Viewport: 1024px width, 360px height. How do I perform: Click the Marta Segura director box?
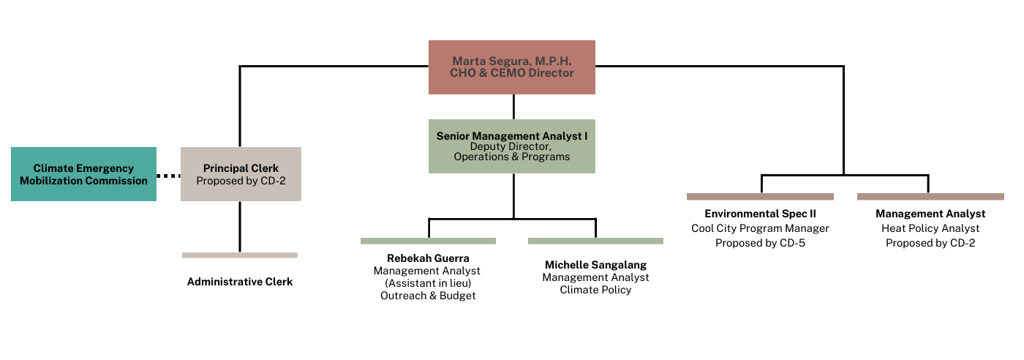click(x=511, y=67)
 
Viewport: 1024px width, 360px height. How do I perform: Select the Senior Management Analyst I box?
click(x=511, y=146)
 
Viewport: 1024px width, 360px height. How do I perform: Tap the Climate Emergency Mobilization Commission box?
click(x=83, y=174)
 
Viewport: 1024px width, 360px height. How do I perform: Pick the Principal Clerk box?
click(x=241, y=174)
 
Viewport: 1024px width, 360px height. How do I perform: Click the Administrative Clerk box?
click(x=240, y=282)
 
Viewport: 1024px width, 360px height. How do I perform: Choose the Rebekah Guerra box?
click(x=428, y=274)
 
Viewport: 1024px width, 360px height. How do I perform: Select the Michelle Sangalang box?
click(x=595, y=274)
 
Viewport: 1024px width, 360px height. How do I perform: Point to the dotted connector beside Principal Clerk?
click(x=168, y=176)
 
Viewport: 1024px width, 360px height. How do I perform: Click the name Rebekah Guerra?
click(x=428, y=258)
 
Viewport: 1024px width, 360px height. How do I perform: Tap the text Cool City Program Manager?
click(x=760, y=228)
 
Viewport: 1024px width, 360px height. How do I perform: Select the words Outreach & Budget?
click(x=428, y=296)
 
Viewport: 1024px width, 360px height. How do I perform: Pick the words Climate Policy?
click(x=595, y=290)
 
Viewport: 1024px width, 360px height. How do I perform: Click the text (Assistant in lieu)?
click(x=428, y=283)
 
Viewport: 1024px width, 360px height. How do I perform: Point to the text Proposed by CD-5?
click(x=760, y=243)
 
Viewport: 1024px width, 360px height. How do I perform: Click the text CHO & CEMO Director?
click(x=511, y=73)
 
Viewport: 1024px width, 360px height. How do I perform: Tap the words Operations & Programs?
click(x=511, y=157)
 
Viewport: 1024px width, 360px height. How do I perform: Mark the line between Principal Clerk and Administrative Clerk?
click(x=240, y=227)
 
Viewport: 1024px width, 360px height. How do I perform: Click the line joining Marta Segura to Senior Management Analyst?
click(x=513, y=107)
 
